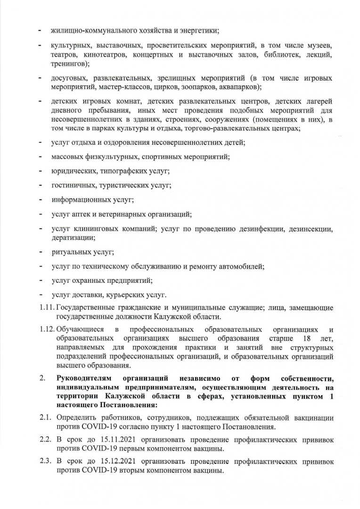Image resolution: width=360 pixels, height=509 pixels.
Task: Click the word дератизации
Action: (x=73, y=238)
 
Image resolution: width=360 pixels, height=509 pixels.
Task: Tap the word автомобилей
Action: (x=242, y=266)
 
